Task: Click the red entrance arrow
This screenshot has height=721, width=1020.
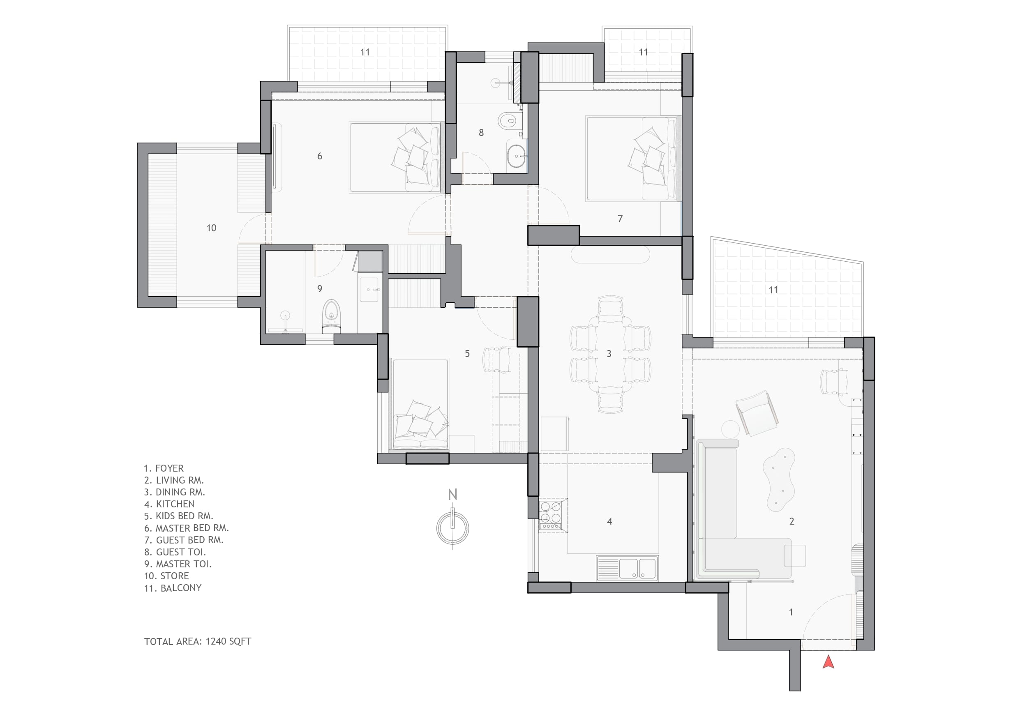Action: [828, 662]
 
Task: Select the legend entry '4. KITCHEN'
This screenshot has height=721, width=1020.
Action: [169, 504]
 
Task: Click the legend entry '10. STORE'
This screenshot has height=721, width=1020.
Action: [166, 576]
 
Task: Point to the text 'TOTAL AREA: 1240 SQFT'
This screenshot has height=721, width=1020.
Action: [198, 641]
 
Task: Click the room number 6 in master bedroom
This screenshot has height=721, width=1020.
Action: [319, 156]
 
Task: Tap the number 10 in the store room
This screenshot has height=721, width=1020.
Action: [212, 228]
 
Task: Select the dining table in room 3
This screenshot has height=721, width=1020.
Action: [609, 354]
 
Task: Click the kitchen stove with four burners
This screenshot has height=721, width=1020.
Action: [550, 516]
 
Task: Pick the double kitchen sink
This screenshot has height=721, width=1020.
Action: [627, 568]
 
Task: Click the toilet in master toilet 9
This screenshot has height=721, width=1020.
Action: [331, 316]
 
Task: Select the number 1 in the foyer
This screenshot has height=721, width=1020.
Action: [791, 612]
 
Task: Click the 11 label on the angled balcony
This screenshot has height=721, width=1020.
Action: [773, 290]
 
